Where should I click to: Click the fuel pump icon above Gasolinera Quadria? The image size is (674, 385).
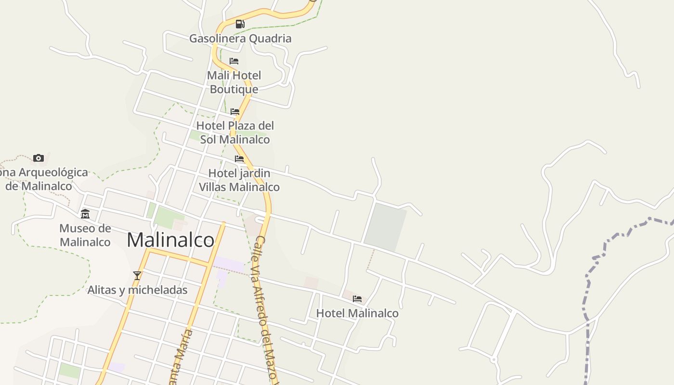(240, 24)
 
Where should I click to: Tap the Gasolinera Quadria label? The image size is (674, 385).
(240, 38)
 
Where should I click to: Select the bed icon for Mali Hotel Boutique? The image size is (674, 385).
(234, 61)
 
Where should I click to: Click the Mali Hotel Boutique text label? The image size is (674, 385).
(234, 82)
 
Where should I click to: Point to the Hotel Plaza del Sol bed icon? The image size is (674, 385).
(235, 112)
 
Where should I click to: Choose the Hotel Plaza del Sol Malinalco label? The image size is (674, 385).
(235, 132)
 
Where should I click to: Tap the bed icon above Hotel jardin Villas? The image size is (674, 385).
(239, 159)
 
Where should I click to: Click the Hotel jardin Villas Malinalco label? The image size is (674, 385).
(239, 180)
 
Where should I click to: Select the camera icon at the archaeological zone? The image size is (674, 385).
(39, 158)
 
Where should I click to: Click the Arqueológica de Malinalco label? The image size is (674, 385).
(43, 179)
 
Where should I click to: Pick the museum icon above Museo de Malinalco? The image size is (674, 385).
(85, 214)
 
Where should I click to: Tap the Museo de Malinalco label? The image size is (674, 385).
(85, 235)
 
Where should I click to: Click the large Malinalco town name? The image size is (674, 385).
(170, 240)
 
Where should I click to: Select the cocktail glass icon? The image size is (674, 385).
(137, 276)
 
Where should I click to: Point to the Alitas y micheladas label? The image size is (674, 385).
(137, 290)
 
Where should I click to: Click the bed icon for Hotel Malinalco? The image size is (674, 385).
(357, 299)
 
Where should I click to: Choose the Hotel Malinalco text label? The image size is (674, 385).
(357, 313)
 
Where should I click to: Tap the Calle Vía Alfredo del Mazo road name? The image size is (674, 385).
(267, 308)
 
